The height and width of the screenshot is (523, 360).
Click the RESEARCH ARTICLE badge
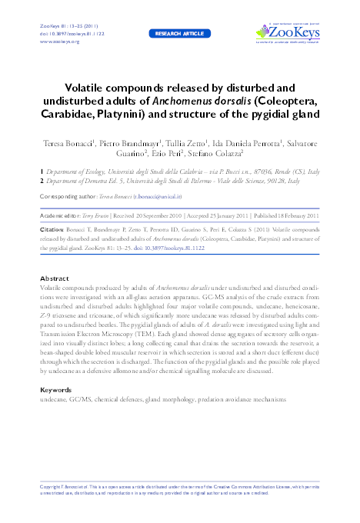180,35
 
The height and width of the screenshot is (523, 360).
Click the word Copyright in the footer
52,488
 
